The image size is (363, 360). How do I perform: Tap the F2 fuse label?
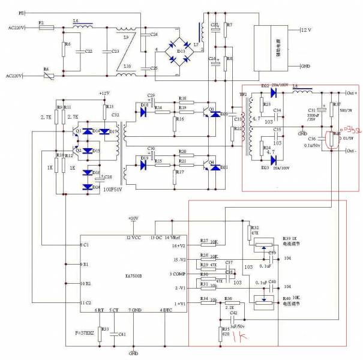click(x=41, y=22)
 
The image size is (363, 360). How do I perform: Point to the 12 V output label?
click(x=306, y=29)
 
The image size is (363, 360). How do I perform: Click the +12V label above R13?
click(x=105, y=94)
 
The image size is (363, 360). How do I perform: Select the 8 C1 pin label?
click(x=85, y=245)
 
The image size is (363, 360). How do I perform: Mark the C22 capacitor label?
click(x=88, y=52)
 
